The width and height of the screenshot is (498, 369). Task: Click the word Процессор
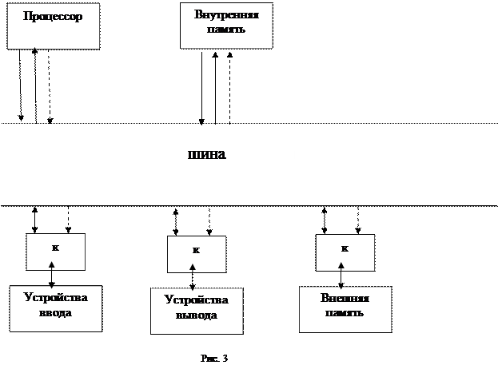53,16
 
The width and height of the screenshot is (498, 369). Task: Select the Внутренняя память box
226,26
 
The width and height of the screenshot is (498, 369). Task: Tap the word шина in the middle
207,154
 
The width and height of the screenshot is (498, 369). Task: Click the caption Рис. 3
214,358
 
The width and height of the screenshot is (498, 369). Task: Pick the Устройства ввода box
56,308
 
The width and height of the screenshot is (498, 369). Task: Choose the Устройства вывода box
197,311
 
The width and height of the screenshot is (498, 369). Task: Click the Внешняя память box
345,309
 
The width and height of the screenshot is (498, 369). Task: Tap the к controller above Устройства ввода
56,252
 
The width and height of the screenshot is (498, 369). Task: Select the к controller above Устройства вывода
197,254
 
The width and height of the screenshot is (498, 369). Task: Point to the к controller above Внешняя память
345,253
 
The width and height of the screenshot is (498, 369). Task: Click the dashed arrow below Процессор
50,86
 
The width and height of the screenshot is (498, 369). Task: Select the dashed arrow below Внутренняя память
229,88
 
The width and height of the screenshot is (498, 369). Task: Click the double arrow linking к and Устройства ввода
52,275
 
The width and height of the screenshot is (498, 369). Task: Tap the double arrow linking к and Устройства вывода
193,277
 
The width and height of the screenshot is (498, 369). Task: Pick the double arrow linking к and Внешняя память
341,276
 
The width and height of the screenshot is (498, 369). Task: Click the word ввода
56,313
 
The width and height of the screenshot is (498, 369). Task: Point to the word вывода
197,315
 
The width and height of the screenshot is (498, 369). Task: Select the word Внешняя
345,298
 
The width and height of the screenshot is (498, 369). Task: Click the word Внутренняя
226,14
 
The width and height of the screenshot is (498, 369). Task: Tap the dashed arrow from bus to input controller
68,220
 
